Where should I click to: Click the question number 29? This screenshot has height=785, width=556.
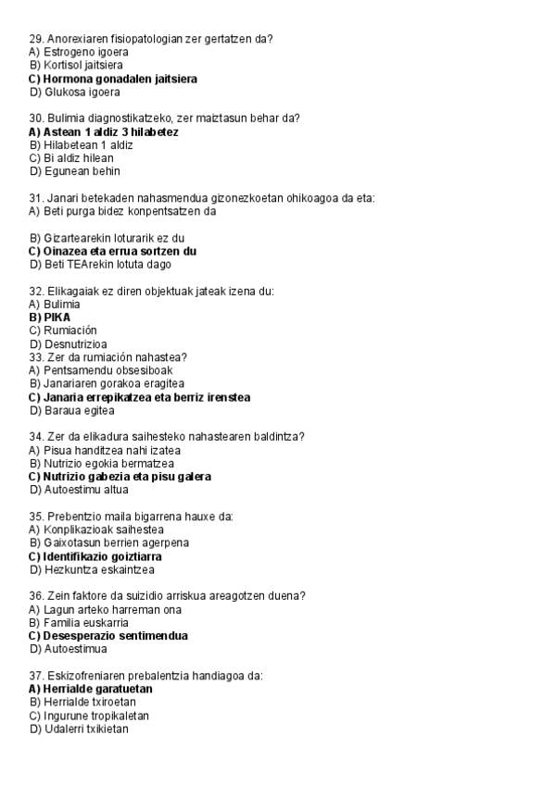coord(36,39)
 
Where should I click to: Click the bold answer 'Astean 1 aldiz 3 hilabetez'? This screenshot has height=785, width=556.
coord(110,131)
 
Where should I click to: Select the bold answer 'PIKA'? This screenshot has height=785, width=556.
coord(57,318)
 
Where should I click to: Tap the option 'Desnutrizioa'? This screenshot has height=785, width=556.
coord(75,344)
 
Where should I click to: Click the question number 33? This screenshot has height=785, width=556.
coord(36,357)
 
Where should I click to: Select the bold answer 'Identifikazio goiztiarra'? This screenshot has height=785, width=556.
coord(102,556)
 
